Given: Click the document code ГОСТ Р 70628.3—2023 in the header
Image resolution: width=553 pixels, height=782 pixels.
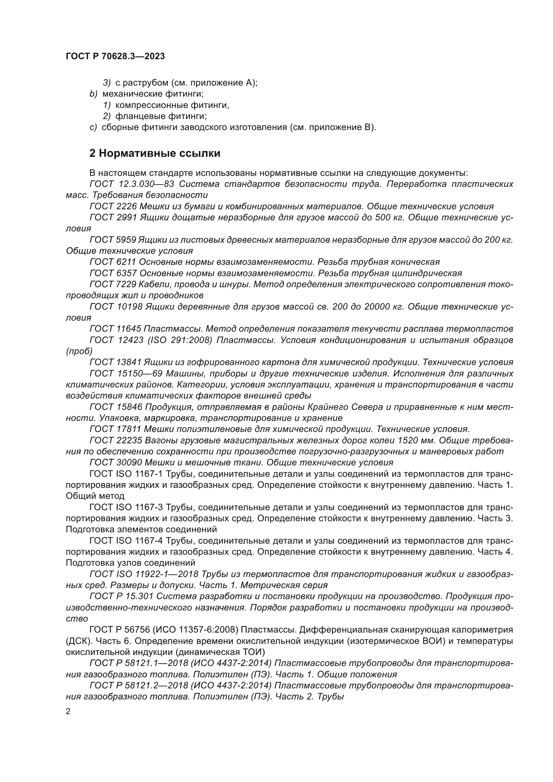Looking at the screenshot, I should [115, 56].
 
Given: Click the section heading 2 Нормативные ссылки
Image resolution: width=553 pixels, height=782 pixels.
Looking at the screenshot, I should [154, 153].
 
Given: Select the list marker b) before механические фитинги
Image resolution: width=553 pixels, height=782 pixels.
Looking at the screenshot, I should [94, 94].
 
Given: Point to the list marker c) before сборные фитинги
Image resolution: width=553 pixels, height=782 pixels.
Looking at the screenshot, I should [93, 127].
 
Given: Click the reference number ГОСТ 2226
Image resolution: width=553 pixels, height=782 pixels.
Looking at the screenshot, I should [113, 206].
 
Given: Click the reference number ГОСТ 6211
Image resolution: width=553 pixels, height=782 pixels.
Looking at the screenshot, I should [113, 262].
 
